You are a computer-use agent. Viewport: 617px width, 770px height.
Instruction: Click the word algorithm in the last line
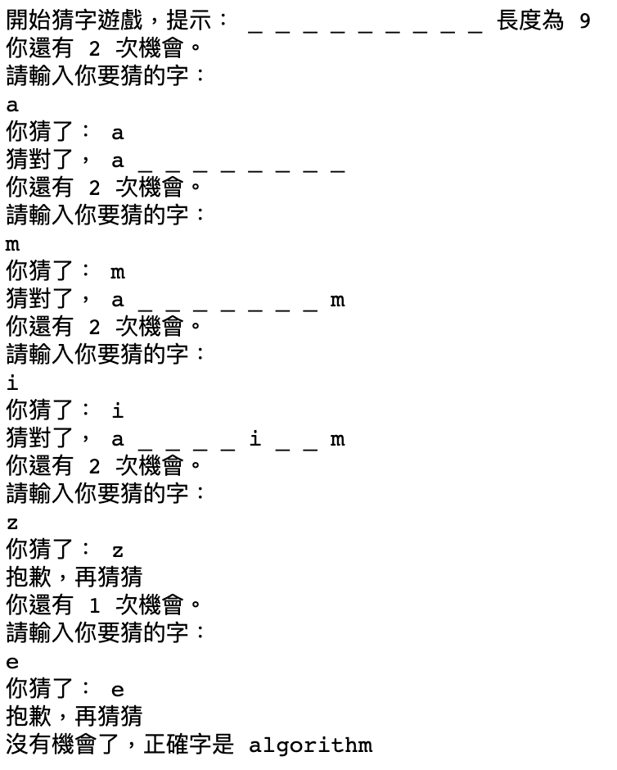click(310, 745)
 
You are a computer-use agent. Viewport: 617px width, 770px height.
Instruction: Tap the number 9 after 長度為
click(584, 21)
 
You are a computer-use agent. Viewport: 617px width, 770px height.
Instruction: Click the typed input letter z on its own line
click(11, 523)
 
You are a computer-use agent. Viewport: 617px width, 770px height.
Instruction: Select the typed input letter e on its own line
click(11, 662)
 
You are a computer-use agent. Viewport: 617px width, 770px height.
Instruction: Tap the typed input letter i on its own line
click(11, 383)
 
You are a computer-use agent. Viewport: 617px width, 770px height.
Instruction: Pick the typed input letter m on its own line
click(11, 244)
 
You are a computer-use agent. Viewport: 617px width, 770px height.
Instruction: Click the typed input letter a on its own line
click(11, 105)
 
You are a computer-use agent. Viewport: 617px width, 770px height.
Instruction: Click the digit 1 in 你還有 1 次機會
click(94, 606)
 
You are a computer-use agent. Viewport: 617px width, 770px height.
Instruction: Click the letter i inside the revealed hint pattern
click(255, 439)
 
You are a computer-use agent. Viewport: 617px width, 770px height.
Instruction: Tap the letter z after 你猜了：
click(118, 550)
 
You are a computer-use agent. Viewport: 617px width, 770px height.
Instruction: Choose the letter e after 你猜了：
click(118, 690)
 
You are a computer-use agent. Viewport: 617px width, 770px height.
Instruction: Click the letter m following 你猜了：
click(118, 272)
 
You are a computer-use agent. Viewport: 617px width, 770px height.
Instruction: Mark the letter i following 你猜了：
click(118, 411)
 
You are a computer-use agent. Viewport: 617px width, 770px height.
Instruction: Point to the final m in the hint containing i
click(337, 439)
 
